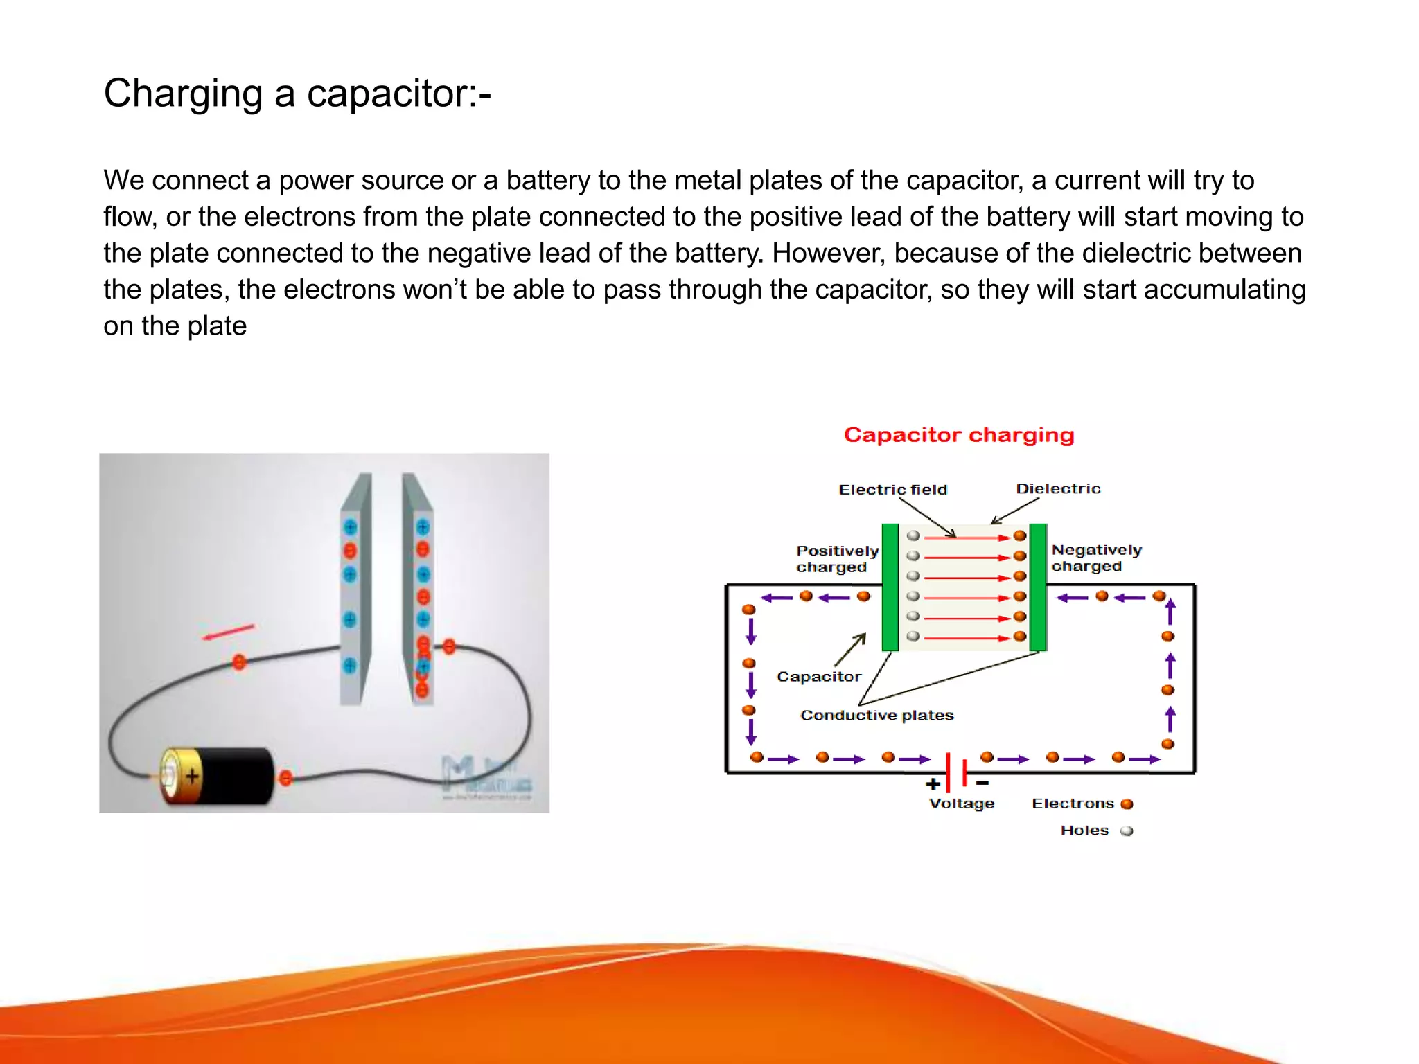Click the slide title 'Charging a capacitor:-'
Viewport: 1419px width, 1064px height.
tap(297, 93)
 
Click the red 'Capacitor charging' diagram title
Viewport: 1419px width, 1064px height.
tap(958, 435)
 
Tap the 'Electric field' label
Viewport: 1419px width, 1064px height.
tap(892, 490)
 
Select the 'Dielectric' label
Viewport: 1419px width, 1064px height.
tap(1058, 488)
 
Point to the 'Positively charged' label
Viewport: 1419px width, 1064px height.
tap(836, 559)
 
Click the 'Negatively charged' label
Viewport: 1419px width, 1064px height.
tap(1096, 558)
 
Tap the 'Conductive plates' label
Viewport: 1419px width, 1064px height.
tap(876, 715)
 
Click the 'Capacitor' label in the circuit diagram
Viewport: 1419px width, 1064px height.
tap(819, 677)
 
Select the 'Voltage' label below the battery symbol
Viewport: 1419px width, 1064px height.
tap(961, 804)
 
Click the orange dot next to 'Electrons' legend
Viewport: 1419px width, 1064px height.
tap(1127, 804)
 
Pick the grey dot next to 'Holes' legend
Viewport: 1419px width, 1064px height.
tap(1127, 831)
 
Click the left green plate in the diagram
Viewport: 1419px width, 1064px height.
tap(890, 587)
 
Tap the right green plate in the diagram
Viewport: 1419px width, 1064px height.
tap(1038, 587)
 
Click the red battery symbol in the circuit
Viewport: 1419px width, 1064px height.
tap(957, 771)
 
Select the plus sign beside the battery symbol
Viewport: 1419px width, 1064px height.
tap(933, 784)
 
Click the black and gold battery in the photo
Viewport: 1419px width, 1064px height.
tap(218, 776)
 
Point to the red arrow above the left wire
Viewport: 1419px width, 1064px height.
tap(228, 632)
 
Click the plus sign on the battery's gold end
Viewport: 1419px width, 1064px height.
tap(192, 775)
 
